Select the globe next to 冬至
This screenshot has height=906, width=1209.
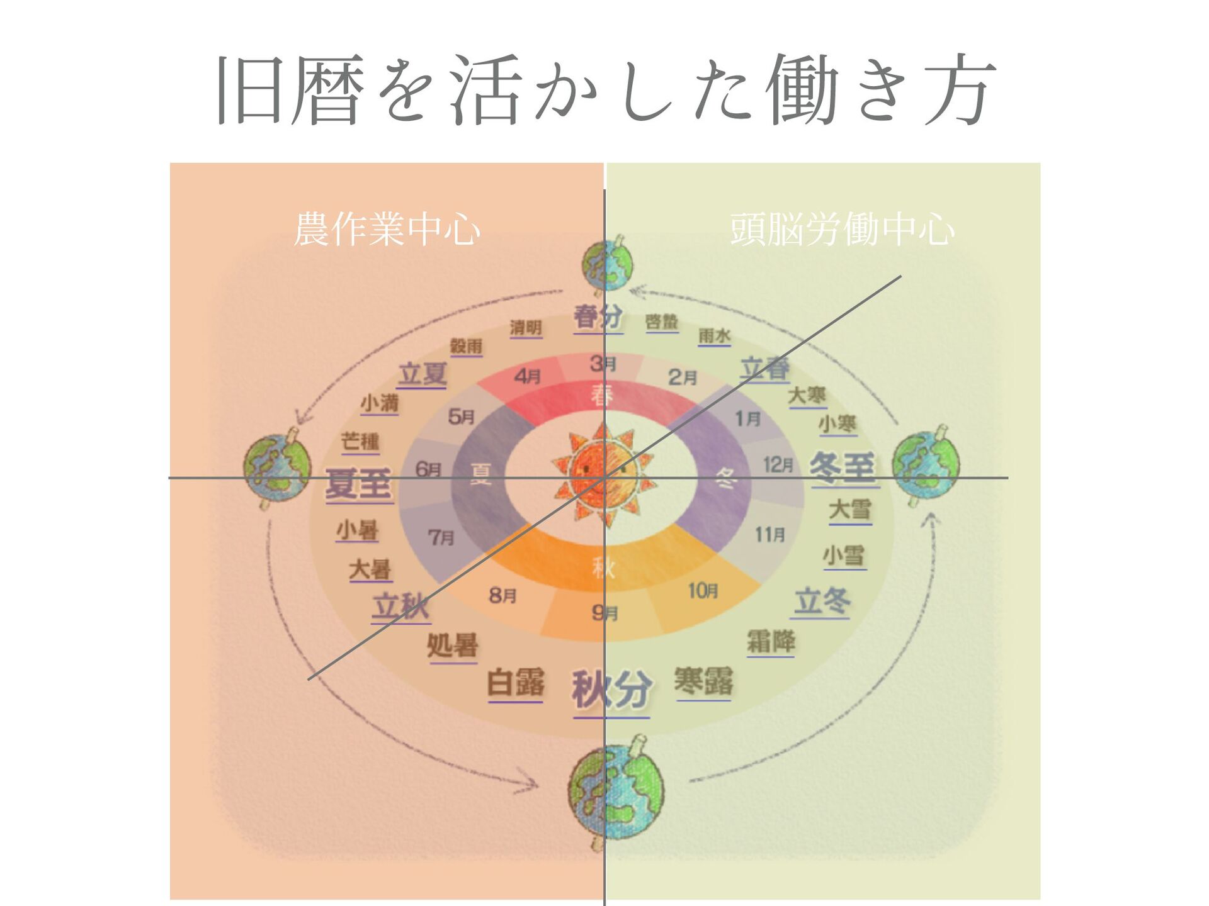[x=926, y=466]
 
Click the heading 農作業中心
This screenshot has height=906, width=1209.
[x=387, y=230]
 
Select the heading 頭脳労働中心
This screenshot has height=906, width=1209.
[x=842, y=230]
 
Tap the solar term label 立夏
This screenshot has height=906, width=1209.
[x=423, y=374]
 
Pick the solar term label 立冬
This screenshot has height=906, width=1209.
[x=822, y=601]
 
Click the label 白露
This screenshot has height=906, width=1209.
[x=516, y=683]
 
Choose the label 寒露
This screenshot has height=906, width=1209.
[x=703, y=681]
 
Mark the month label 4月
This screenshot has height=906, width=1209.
[x=528, y=376]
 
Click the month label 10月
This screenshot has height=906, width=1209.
[x=703, y=591]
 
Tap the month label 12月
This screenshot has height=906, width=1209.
[x=778, y=465]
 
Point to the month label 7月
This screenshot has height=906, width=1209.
[x=441, y=537]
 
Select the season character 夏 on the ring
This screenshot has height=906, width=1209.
[x=481, y=473]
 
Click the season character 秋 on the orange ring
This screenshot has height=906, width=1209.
[x=603, y=568]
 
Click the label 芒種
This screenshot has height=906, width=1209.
[x=360, y=441]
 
